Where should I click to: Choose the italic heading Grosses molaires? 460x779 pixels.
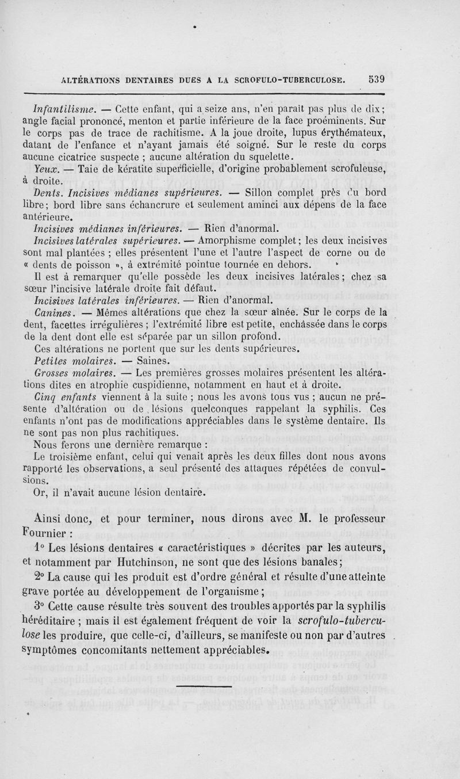point(77,373)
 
